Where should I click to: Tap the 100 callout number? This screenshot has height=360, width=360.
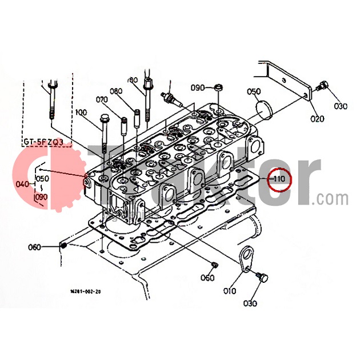[x=81, y=112]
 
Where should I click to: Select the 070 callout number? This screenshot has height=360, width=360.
[x=102, y=99]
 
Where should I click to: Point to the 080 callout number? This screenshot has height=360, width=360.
[x=116, y=91]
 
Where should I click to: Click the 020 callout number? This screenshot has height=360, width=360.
[x=317, y=119]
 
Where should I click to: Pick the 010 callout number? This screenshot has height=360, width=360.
[x=229, y=290]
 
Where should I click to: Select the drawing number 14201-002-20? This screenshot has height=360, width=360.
[x=86, y=291]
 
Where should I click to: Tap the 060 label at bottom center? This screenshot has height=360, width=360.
[x=207, y=278]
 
